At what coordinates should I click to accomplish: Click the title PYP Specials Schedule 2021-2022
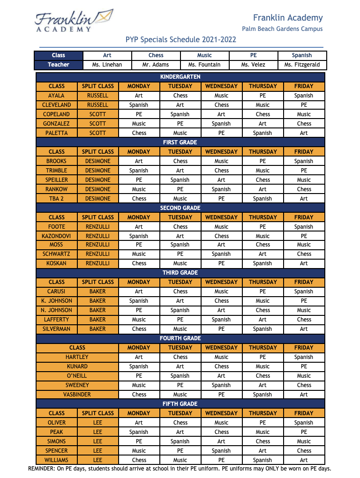(x=180, y=40)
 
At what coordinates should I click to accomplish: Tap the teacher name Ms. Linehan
(x=107, y=65)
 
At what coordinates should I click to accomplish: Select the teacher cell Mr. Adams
(x=156, y=65)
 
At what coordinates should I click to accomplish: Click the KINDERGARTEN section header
(x=180, y=76)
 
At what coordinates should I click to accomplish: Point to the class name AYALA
(x=57, y=96)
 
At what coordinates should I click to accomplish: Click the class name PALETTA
(x=57, y=133)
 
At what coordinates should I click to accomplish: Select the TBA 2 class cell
(x=57, y=199)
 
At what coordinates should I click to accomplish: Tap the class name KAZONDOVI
(x=57, y=236)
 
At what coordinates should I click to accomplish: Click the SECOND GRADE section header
(x=180, y=208)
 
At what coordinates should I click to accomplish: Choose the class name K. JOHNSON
(x=57, y=301)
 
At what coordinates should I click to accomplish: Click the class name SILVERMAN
(x=57, y=329)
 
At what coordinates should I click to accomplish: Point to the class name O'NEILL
(x=77, y=376)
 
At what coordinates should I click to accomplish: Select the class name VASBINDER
(x=77, y=395)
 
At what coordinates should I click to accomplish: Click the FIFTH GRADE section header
(x=180, y=403)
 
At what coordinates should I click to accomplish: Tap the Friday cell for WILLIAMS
(x=304, y=460)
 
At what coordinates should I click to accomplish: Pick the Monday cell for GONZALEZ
(x=139, y=124)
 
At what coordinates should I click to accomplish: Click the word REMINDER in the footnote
(x=42, y=469)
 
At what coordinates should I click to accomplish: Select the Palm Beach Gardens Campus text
(x=282, y=29)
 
